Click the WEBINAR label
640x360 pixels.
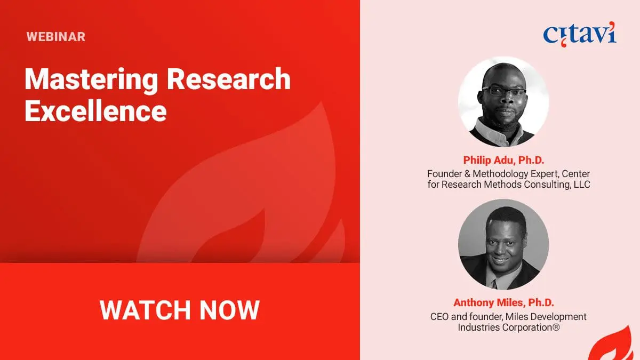pos(55,37)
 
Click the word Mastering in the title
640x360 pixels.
pos(91,80)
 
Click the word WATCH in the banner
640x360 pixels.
pos(145,310)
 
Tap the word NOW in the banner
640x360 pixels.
pos(229,310)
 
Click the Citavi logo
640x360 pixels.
pos(580,34)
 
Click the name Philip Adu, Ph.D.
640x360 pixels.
pos(503,160)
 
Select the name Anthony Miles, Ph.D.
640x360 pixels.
pos(503,302)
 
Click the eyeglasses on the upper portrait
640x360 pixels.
pos(504,92)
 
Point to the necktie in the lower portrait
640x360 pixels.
pos(494,284)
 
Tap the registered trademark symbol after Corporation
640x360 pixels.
pos(556,327)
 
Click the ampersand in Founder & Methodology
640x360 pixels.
pos(467,174)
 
